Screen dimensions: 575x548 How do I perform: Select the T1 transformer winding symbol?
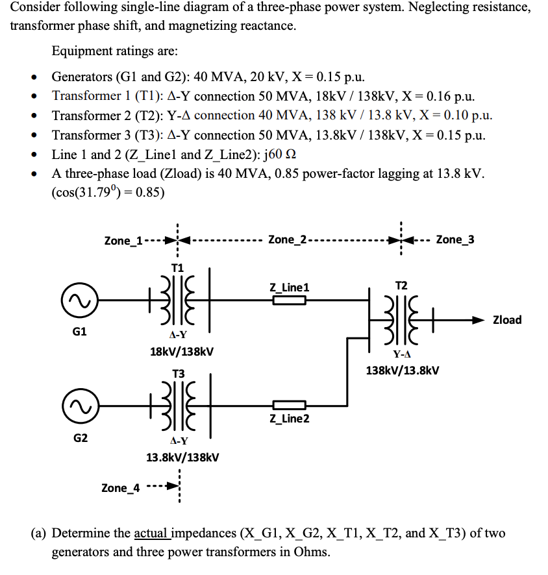pos(178,300)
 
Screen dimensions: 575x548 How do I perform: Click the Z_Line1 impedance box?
pos(289,300)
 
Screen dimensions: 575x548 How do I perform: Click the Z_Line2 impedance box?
pos(289,406)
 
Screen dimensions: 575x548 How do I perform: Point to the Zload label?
pos(507,320)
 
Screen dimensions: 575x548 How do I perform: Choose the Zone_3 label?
pos(455,239)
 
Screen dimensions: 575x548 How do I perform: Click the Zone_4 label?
pos(121,487)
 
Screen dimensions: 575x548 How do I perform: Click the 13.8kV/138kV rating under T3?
pos(182,457)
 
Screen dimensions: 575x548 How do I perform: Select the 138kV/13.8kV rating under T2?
pos(403,371)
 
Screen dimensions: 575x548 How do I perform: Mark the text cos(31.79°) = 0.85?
pos(108,193)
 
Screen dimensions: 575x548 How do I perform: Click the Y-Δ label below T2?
pos(402,354)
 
